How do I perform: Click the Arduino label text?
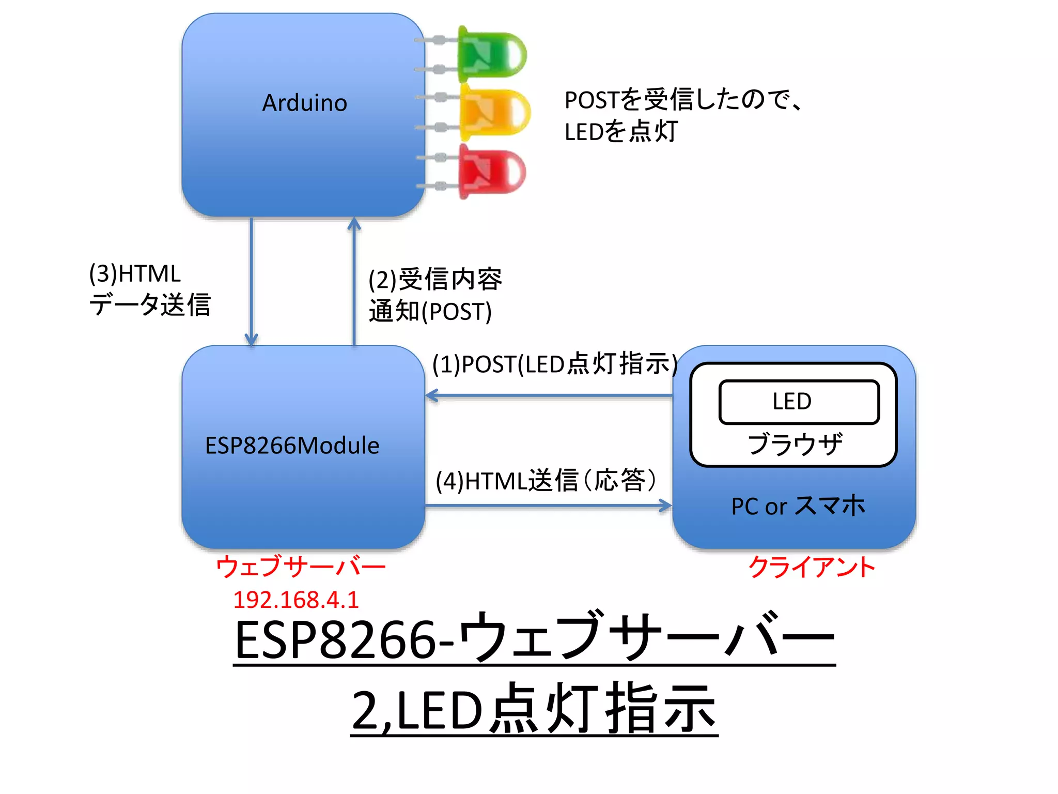304,103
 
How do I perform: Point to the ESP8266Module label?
292,446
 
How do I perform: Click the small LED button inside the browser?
799,402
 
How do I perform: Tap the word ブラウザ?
795,444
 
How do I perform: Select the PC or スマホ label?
798,506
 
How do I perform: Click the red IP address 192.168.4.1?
295,600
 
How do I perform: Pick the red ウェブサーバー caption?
301,567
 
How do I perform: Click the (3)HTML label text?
135,273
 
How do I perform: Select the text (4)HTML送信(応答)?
546,481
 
